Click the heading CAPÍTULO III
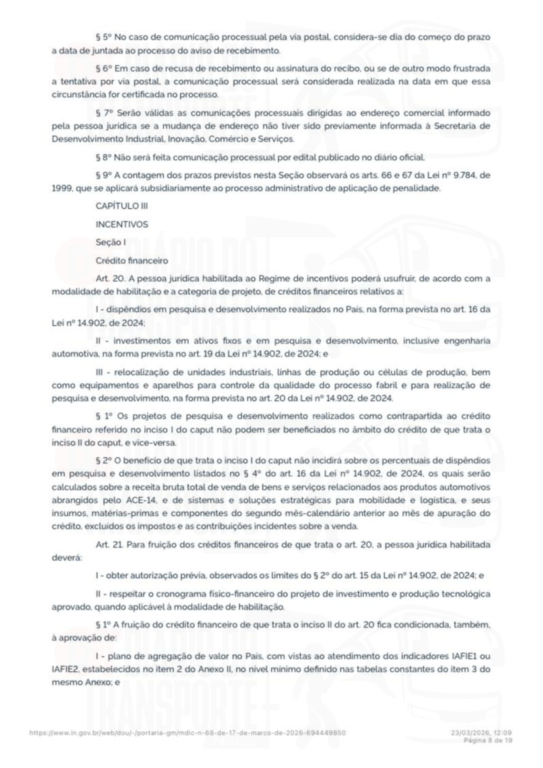pyautogui.click(x=122, y=206)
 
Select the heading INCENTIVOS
pyautogui.click(x=122, y=224)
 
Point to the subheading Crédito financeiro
pyautogui.click(x=132, y=261)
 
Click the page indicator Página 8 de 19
pyautogui.click(x=488, y=740)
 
